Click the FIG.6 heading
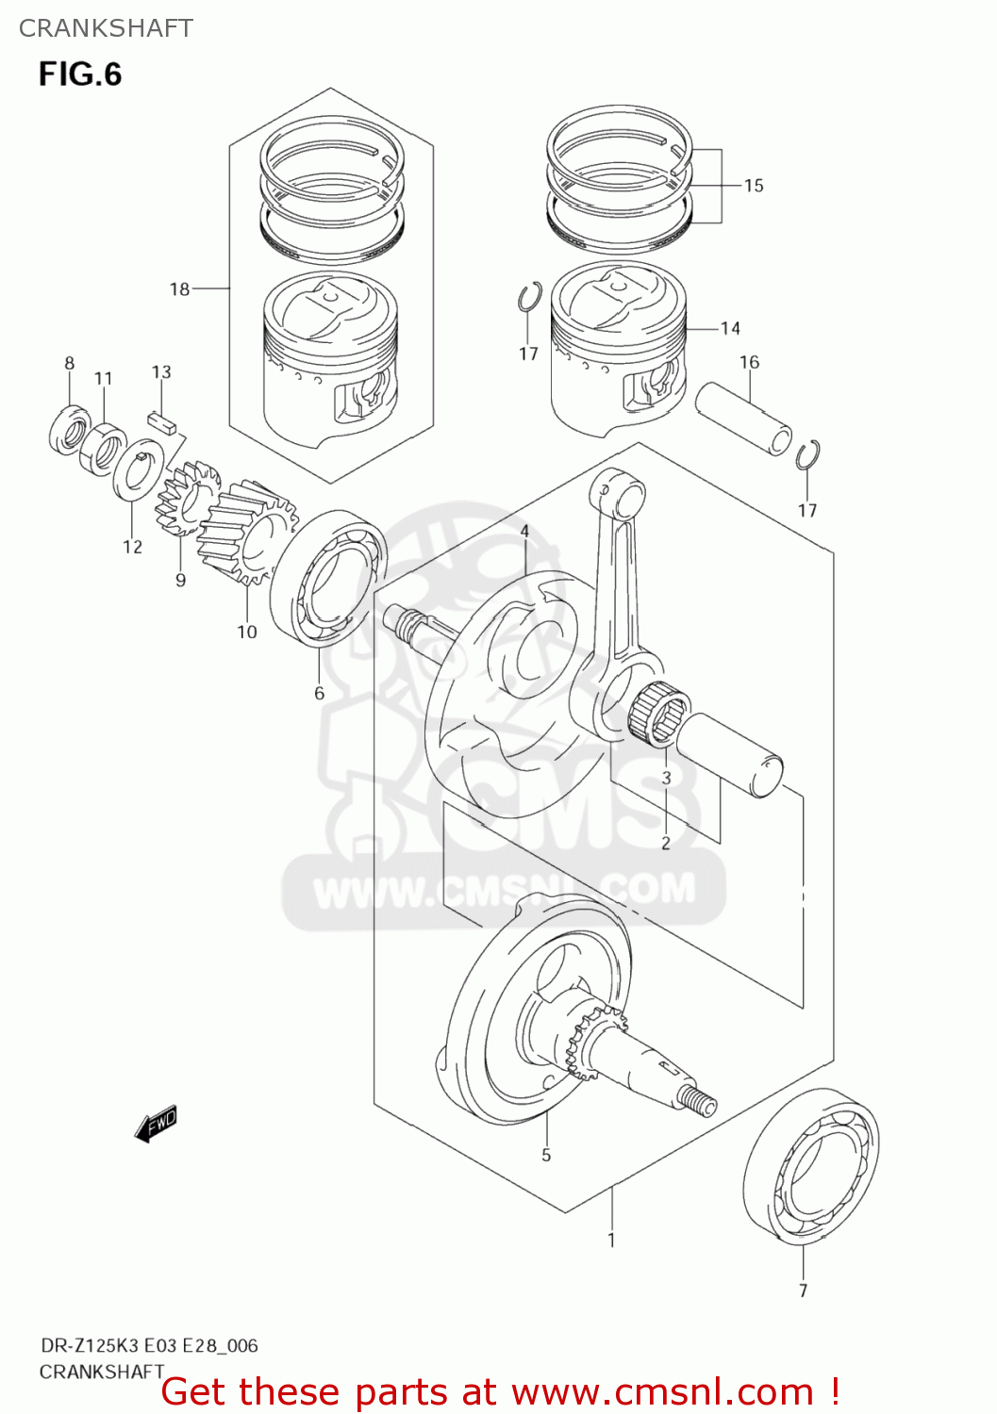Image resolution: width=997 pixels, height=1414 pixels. click(x=80, y=74)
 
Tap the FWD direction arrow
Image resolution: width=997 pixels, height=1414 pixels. click(x=156, y=1124)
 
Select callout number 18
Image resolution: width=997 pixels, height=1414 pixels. click(x=179, y=289)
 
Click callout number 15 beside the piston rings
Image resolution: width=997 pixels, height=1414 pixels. click(x=753, y=186)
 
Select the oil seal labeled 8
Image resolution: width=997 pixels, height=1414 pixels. click(x=69, y=429)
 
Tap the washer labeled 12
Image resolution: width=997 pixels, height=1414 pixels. click(x=138, y=469)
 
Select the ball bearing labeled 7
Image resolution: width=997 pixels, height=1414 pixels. click(x=811, y=1167)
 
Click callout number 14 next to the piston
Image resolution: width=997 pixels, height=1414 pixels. click(x=730, y=329)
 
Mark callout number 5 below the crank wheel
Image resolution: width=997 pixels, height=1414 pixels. click(x=546, y=1155)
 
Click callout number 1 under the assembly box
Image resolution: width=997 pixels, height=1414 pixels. click(x=611, y=1240)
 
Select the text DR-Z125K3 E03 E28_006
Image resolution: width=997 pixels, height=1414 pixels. click(x=149, y=1345)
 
